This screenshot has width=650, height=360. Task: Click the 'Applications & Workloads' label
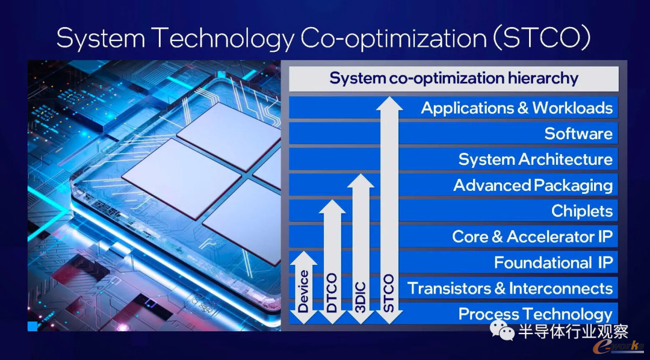[517, 108]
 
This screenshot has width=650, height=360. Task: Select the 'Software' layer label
[579, 134]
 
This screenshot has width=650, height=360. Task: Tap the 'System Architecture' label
[536, 160]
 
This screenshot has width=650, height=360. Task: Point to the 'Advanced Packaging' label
[533, 185]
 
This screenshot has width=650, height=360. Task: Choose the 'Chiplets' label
[582, 211]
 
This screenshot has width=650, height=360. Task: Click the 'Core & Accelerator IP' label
[532, 237]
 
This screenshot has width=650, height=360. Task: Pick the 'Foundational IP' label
[554, 262]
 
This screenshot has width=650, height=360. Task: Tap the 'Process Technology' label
[536, 314]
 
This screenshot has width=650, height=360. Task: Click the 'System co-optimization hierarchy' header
[454, 78]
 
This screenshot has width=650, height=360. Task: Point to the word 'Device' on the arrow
[303, 291]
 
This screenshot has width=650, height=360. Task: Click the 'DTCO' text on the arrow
[332, 293]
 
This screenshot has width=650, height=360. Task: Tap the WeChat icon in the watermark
[501, 330]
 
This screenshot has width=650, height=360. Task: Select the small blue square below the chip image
[32, 326]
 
